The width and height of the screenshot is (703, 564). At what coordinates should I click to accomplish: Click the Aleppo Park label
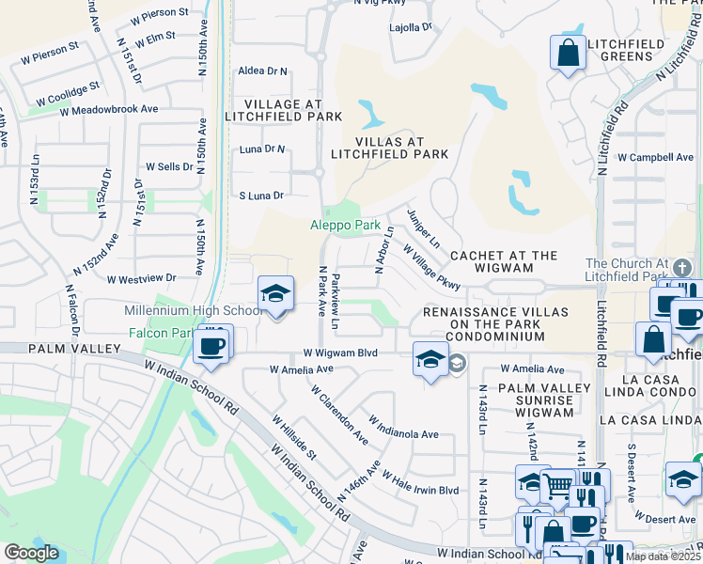[x=346, y=226]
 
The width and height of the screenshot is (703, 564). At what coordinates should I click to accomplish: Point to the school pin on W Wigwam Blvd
[x=430, y=360]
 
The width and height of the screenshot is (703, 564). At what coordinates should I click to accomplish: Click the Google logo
[x=31, y=553]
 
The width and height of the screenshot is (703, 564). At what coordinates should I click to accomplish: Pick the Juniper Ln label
[x=423, y=228]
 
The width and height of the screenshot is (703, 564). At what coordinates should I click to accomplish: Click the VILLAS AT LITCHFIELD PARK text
[x=389, y=148]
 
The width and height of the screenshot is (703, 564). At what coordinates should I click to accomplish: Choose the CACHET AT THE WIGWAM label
[x=504, y=262]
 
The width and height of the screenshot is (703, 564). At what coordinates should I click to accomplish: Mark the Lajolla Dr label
[x=410, y=27]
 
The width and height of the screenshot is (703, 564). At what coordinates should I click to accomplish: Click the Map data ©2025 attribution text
[x=663, y=556]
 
